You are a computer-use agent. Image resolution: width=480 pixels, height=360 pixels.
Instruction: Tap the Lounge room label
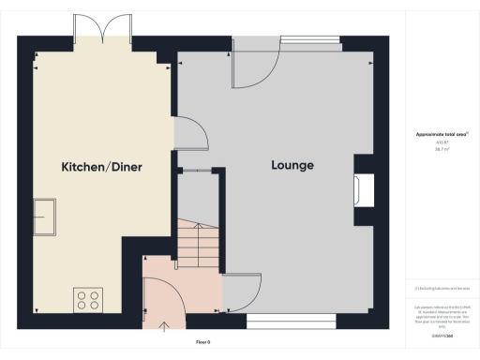click(292, 166)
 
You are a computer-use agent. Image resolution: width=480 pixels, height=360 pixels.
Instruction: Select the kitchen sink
click(44, 217)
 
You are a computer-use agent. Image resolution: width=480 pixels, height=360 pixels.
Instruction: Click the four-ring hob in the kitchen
click(88, 299)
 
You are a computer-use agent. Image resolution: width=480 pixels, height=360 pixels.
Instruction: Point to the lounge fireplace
click(361, 190)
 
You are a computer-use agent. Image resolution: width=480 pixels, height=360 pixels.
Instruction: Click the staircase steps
click(197, 247)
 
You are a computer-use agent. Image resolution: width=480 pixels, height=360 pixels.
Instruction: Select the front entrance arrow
click(166, 327)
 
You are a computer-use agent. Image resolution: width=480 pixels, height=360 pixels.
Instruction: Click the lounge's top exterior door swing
click(255, 66)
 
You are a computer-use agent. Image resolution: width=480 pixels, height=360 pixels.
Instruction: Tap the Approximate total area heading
click(442, 134)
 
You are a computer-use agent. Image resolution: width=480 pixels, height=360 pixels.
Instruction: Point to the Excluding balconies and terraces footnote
click(442, 289)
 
